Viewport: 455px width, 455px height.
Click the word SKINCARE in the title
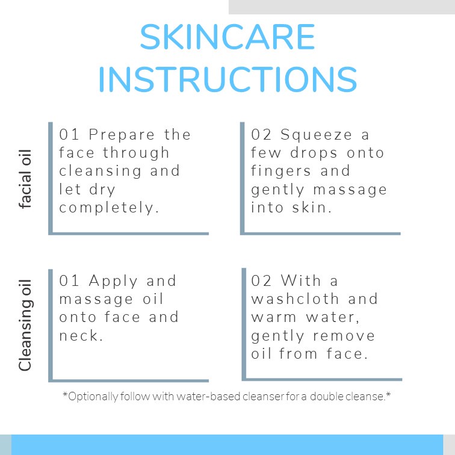tap(227, 37)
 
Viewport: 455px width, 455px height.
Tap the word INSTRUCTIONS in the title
tap(227, 79)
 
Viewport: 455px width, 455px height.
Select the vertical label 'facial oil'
tap(25, 179)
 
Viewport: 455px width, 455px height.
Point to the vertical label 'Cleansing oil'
tap(25, 325)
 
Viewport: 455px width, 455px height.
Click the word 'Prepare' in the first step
tap(122, 135)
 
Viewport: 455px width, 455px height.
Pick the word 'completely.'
tap(109, 208)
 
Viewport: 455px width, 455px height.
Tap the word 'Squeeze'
tap(316, 135)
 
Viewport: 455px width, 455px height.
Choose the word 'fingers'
tap(280, 171)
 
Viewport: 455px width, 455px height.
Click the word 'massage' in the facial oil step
tap(350, 190)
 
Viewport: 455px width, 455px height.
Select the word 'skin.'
tap(312, 208)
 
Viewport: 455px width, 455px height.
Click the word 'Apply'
tap(113, 281)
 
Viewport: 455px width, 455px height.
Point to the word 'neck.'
tap(81, 335)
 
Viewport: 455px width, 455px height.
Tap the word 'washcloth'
tap(295, 299)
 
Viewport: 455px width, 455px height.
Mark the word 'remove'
tap(344, 336)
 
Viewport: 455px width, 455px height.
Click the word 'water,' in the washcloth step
tap(333, 317)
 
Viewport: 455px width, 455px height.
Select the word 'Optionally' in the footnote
tap(93, 397)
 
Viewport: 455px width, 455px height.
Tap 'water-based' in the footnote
tap(208, 396)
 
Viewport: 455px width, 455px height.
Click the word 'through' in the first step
tap(136, 153)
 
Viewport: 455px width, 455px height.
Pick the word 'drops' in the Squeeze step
tap(314, 153)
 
